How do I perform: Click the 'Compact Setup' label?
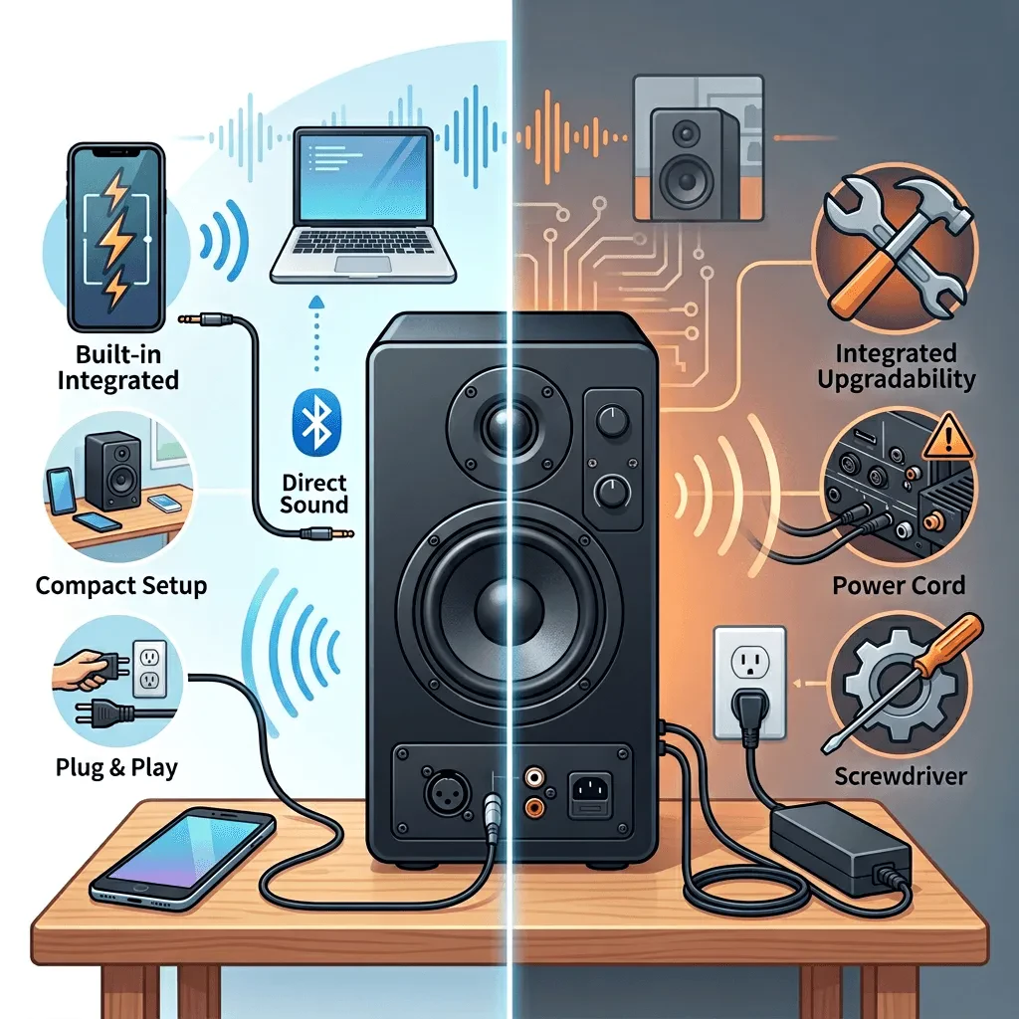pyautogui.click(x=121, y=585)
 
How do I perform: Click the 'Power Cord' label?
pyautogui.click(x=899, y=584)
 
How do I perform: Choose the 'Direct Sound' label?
pyautogui.click(x=315, y=494)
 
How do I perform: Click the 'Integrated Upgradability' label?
pyautogui.click(x=899, y=365)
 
